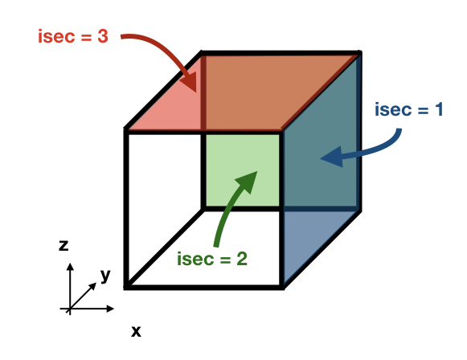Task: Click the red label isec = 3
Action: [x=73, y=37]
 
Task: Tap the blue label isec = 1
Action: [x=409, y=109]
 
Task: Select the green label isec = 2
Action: [x=212, y=259]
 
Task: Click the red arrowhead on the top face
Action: [x=187, y=80]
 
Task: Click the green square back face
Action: [x=243, y=170]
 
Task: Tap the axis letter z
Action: [x=63, y=246]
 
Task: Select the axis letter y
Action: [x=105, y=276]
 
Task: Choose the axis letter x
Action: [x=136, y=331]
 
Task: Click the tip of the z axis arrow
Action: [x=70, y=264]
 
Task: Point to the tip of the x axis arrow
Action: [x=114, y=309]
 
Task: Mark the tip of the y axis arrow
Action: [x=96, y=283]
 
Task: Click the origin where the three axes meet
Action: [x=70, y=309]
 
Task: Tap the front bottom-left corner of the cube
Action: [x=125, y=288]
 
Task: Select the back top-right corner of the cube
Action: [x=359, y=53]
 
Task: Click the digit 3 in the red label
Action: [x=103, y=36]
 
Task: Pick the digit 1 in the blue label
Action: [x=439, y=109]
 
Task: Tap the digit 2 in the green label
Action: [x=242, y=259]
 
